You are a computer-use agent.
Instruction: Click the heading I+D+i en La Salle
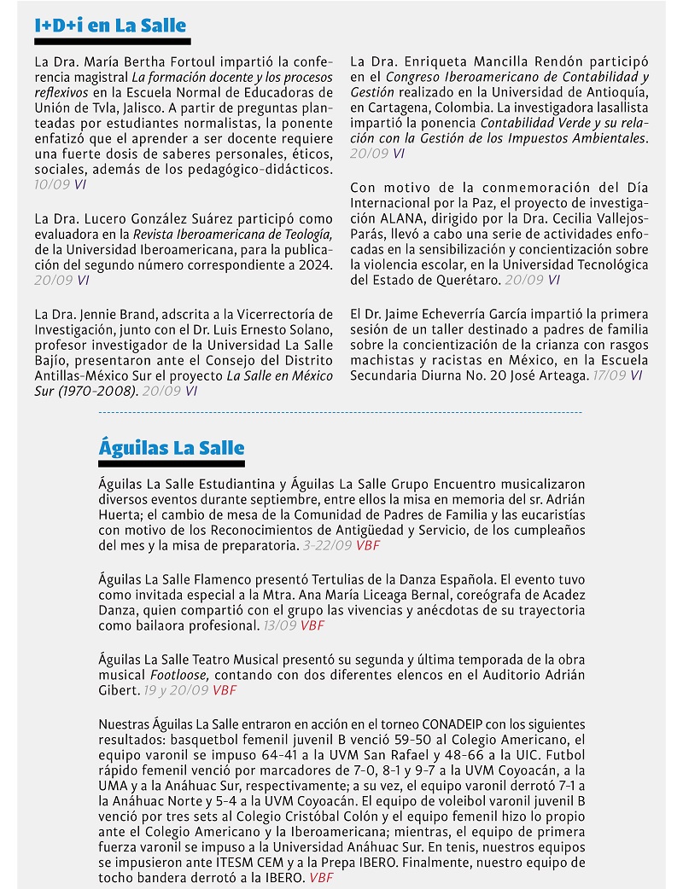(110, 26)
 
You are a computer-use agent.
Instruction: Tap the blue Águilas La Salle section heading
(172, 448)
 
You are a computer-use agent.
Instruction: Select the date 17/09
(610, 375)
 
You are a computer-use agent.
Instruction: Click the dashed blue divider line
(341, 412)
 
